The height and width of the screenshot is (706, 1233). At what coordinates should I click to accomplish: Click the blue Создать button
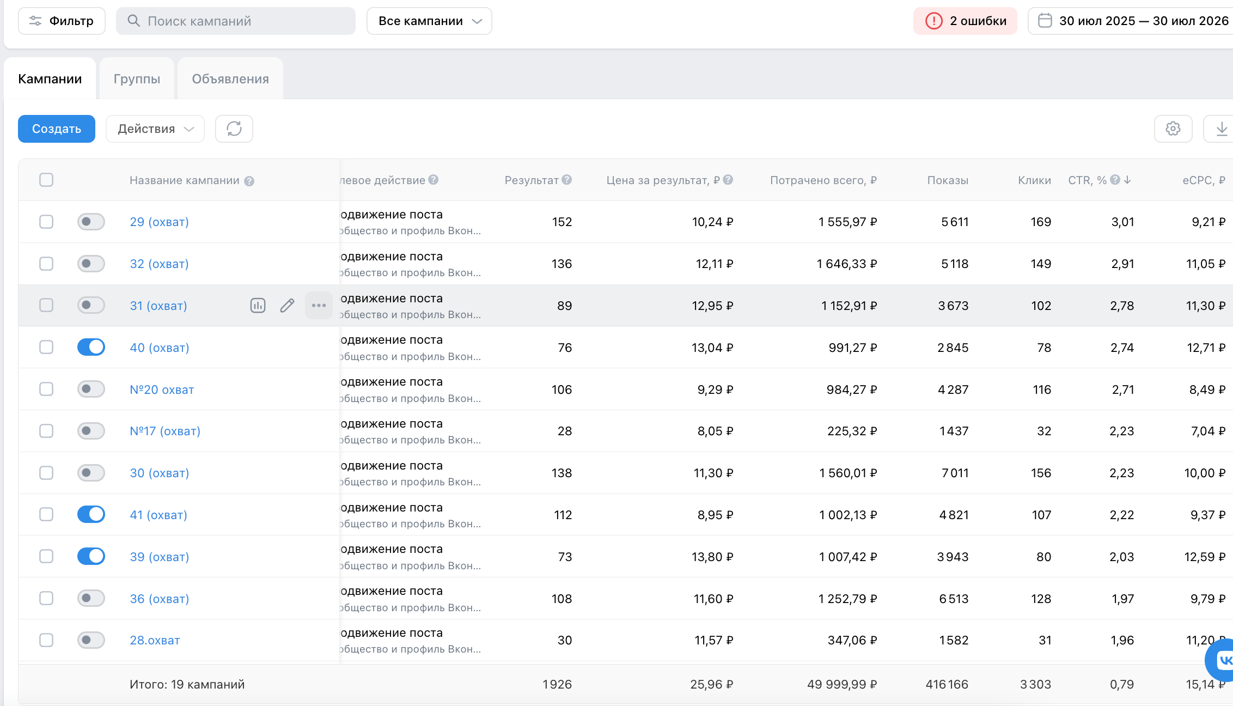(x=57, y=129)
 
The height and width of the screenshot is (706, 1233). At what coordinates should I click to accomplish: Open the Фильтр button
(x=62, y=21)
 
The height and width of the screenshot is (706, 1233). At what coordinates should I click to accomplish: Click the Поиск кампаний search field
(x=236, y=21)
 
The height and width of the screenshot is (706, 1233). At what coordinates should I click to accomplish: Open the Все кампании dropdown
(x=429, y=21)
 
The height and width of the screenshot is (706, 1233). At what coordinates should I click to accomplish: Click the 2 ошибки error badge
(x=965, y=21)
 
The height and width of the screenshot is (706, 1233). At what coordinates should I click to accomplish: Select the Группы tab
(x=137, y=78)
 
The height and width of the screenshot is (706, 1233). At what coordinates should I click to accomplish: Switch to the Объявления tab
(x=230, y=78)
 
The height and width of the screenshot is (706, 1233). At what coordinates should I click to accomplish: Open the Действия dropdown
(x=155, y=129)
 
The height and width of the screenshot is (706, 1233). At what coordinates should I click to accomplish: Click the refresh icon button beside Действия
(x=234, y=129)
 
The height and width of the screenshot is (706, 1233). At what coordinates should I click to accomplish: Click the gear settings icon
(x=1173, y=129)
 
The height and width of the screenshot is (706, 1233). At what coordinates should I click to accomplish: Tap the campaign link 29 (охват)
(x=159, y=222)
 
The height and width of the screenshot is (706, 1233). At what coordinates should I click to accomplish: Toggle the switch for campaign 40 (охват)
(x=91, y=347)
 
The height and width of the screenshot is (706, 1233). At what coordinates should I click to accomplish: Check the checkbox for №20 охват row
(x=46, y=389)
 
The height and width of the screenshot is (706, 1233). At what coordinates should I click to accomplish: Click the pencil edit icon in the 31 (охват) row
(x=287, y=306)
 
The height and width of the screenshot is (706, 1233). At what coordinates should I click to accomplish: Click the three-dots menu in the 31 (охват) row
(x=319, y=306)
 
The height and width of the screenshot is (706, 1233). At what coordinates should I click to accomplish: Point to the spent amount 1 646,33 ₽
(x=847, y=264)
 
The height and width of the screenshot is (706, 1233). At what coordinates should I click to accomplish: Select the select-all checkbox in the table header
(x=46, y=180)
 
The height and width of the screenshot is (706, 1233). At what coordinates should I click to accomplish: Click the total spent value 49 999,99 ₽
(x=842, y=684)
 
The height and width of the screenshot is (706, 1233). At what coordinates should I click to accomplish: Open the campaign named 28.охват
(x=155, y=640)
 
